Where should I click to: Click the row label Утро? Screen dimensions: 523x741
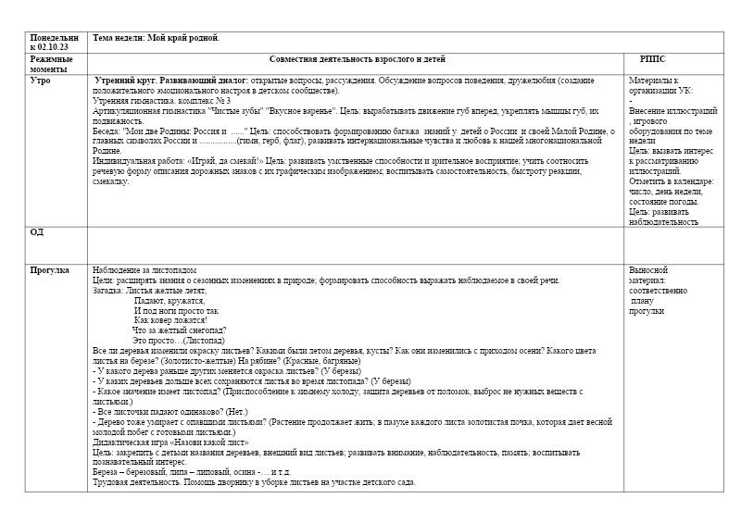[x=41, y=81]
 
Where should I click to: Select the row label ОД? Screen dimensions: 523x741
[x=37, y=232]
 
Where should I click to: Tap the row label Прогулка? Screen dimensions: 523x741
[x=50, y=271]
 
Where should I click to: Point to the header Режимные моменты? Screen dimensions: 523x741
[x=51, y=64]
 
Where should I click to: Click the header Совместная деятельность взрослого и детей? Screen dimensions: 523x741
[x=357, y=58]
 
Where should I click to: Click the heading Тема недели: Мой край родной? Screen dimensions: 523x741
[x=157, y=37]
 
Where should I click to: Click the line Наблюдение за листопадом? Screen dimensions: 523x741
[x=145, y=270]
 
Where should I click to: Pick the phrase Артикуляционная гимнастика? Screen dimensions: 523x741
[x=149, y=110]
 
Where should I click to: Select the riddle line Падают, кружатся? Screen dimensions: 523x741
[x=170, y=301]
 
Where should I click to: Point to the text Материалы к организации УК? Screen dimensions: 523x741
[x=659, y=86]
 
